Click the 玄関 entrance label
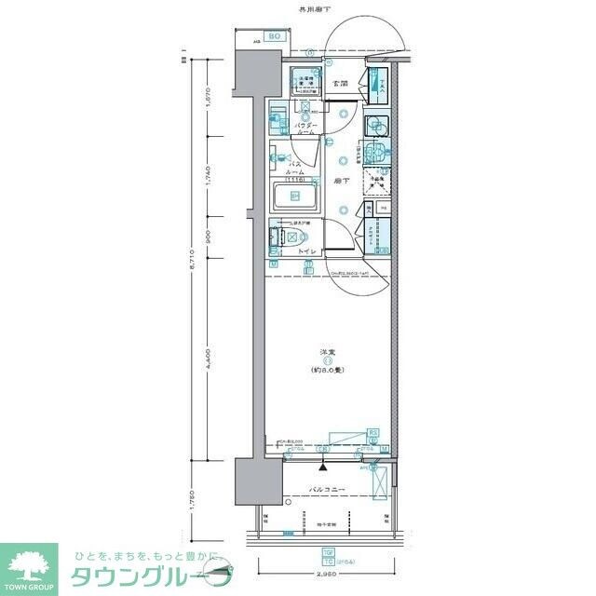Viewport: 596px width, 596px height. click(x=341, y=84)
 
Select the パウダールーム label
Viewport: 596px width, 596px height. click(x=306, y=129)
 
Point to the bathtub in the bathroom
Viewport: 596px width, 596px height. click(x=295, y=196)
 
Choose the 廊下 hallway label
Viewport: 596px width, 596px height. click(x=342, y=182)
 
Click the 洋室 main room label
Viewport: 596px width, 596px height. click(x=328, y=351)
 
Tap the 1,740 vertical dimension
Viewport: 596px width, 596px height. click(x=210, y=174)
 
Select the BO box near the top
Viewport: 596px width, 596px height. click(x=275, y=37)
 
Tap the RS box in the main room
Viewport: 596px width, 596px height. click(x=372, y=433)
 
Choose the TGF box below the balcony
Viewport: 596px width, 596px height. click(x=327, y=552)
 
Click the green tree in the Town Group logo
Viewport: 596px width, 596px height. click(x=28, y=565)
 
